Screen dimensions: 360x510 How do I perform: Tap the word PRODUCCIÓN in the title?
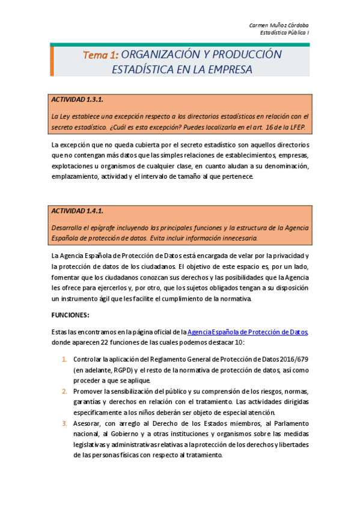click(x=243, y=55)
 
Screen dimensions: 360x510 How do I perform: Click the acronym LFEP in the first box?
click(x=297, y=127)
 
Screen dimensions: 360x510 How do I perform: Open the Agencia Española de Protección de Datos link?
click(x=248, y=331)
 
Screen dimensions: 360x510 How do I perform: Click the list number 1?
click(x=64, y=359)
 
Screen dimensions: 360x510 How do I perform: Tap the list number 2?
click(x=64, y=391)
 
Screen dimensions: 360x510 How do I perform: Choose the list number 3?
click(x=64, y=423)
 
